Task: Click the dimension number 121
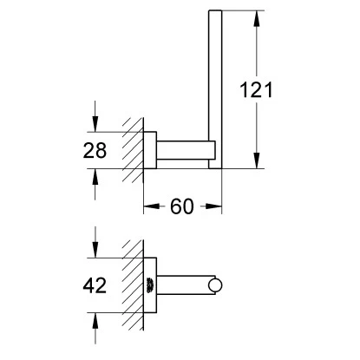256,90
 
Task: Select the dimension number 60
182,206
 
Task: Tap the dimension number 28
95,150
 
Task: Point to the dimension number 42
95,285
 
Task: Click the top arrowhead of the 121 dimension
256,19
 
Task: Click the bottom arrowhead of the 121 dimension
256,160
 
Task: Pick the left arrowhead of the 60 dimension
152,206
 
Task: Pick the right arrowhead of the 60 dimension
214,206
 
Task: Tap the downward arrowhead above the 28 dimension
95,124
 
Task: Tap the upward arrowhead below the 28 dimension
95,176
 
